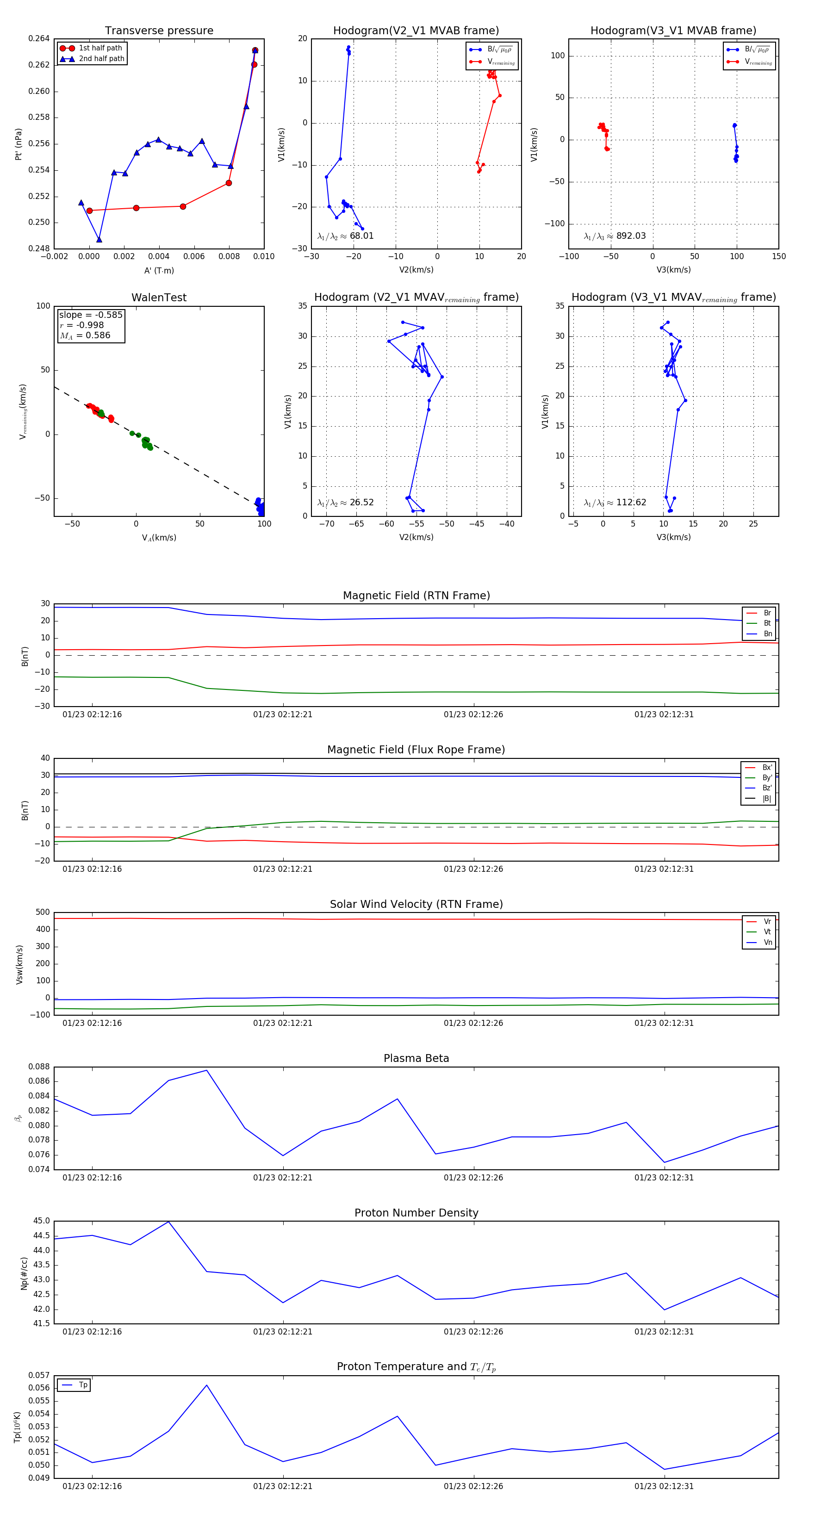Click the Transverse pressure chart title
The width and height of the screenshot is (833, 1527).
pos(159,31)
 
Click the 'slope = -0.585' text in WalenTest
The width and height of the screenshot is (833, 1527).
pos(91,315)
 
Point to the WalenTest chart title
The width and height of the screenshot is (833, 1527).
pos(159,298)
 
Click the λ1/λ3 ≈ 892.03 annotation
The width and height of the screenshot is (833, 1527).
pos(615,236)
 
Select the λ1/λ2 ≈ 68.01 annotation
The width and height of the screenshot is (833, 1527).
pos(346,236)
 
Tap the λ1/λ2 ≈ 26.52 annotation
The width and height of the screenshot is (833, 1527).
pos(346,503)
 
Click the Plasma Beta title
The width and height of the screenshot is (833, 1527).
pos(416,1058)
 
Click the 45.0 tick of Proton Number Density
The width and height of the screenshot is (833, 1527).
pos(42,1221)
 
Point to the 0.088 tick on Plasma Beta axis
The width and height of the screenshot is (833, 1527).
pos(39,1067)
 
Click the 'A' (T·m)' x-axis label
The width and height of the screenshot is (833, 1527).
pos(159,271)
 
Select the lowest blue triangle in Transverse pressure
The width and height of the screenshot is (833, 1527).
pos(99,240)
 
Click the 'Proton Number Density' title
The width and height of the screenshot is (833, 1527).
pos(416,1212)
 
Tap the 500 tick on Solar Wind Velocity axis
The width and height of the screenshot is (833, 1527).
pos(43,912)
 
